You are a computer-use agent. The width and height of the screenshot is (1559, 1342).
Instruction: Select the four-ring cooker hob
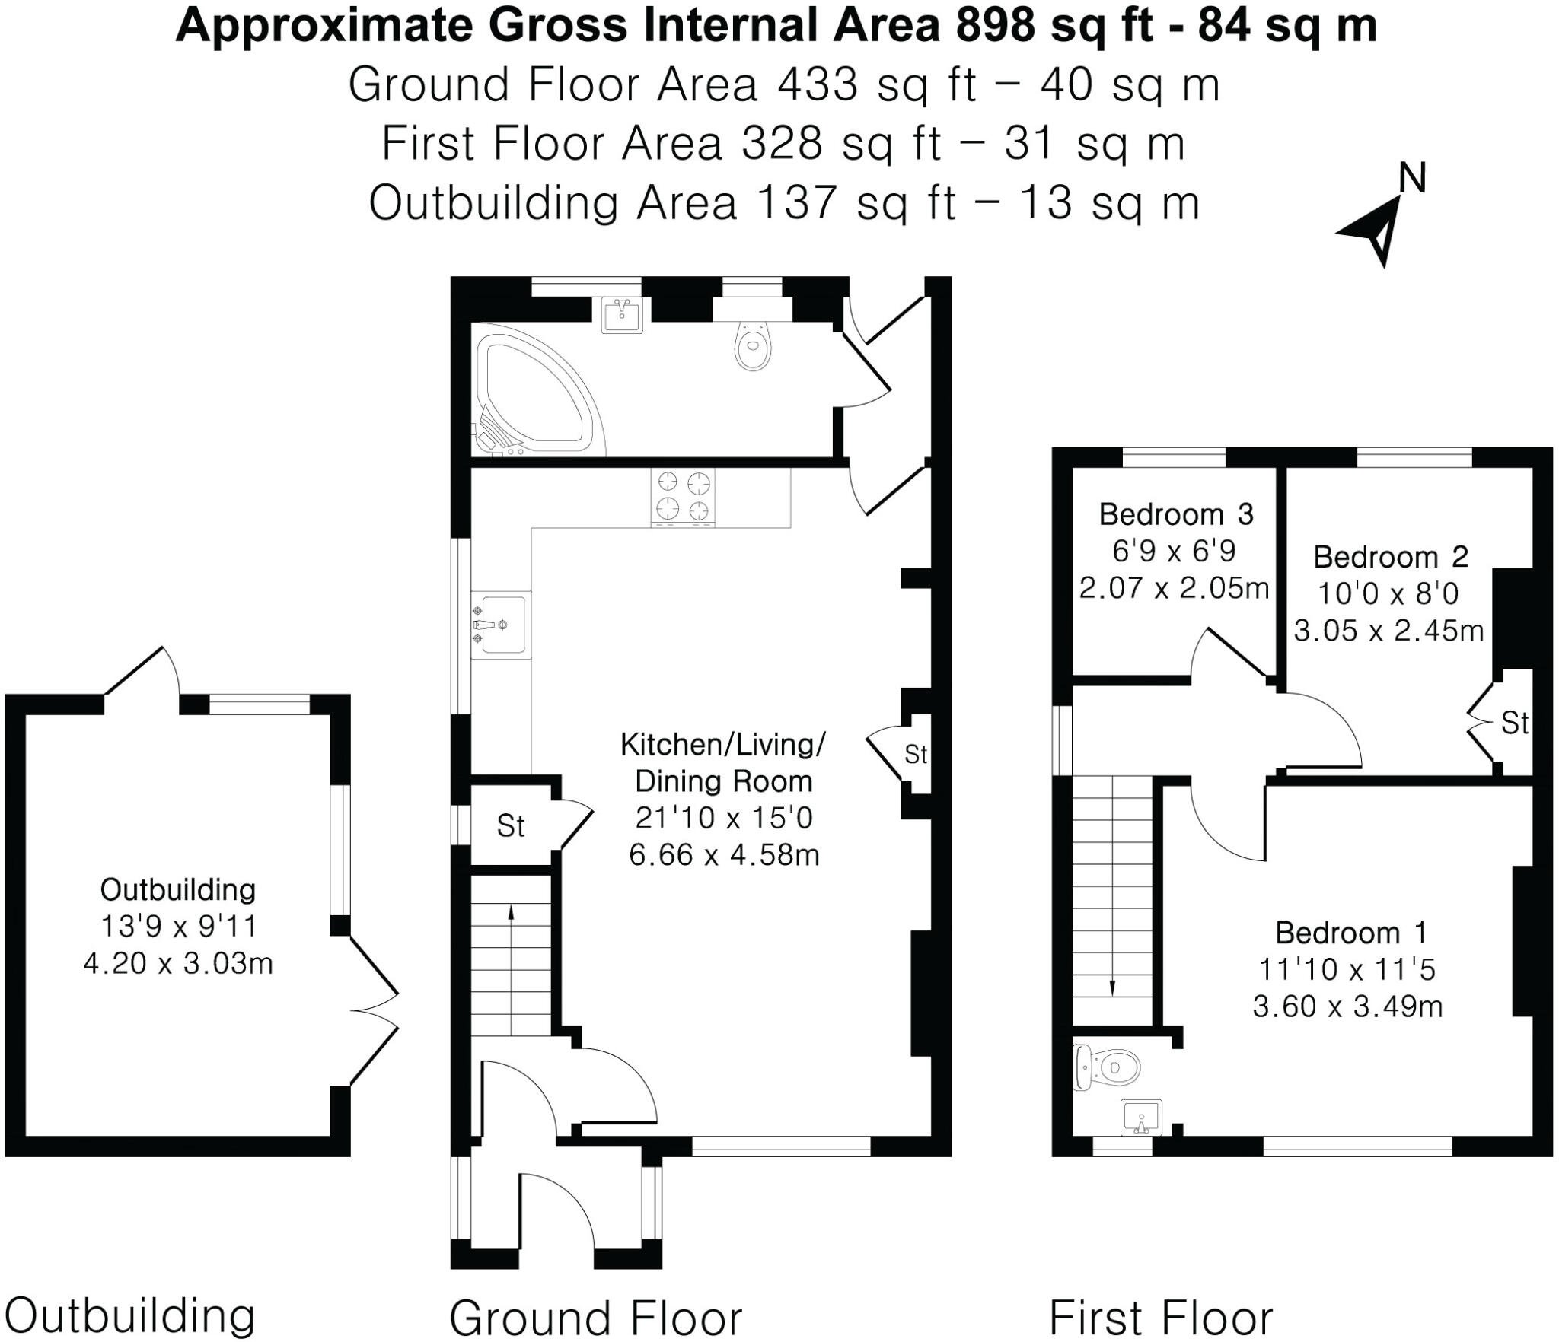pyautogui.click(x=683, y=496)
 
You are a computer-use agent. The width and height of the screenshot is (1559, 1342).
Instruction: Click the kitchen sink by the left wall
pyautogui.click(x=500, y=625)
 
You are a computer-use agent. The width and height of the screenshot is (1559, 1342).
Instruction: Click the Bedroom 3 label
pyautogui.click(x=1176, y=515)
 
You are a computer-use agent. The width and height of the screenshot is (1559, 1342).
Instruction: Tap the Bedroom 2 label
pyautogui.click(x=1390, y=558)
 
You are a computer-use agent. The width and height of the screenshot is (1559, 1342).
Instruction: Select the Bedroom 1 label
pyautogui.click(x=1351, y=933)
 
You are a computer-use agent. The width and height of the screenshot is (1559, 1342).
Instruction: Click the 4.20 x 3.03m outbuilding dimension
pyautogui.click(x=178, y=964)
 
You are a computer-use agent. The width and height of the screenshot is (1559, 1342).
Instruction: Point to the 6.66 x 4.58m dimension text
pyautogui.click(x=724, y=855)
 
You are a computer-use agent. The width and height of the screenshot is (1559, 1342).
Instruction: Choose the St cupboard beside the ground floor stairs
pyautogui.click(x=510, y=825)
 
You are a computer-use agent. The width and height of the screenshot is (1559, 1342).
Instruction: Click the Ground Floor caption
pyautogui.click(x=595, y=1317)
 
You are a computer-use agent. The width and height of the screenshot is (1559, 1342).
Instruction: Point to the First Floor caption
pyautogui.click(x=1161, y=1317)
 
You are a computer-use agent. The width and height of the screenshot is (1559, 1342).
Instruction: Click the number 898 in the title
pyautogui.click(x=996, y=26)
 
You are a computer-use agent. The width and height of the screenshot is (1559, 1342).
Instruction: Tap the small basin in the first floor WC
pyautogui.click(x=1142, y=1117)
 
